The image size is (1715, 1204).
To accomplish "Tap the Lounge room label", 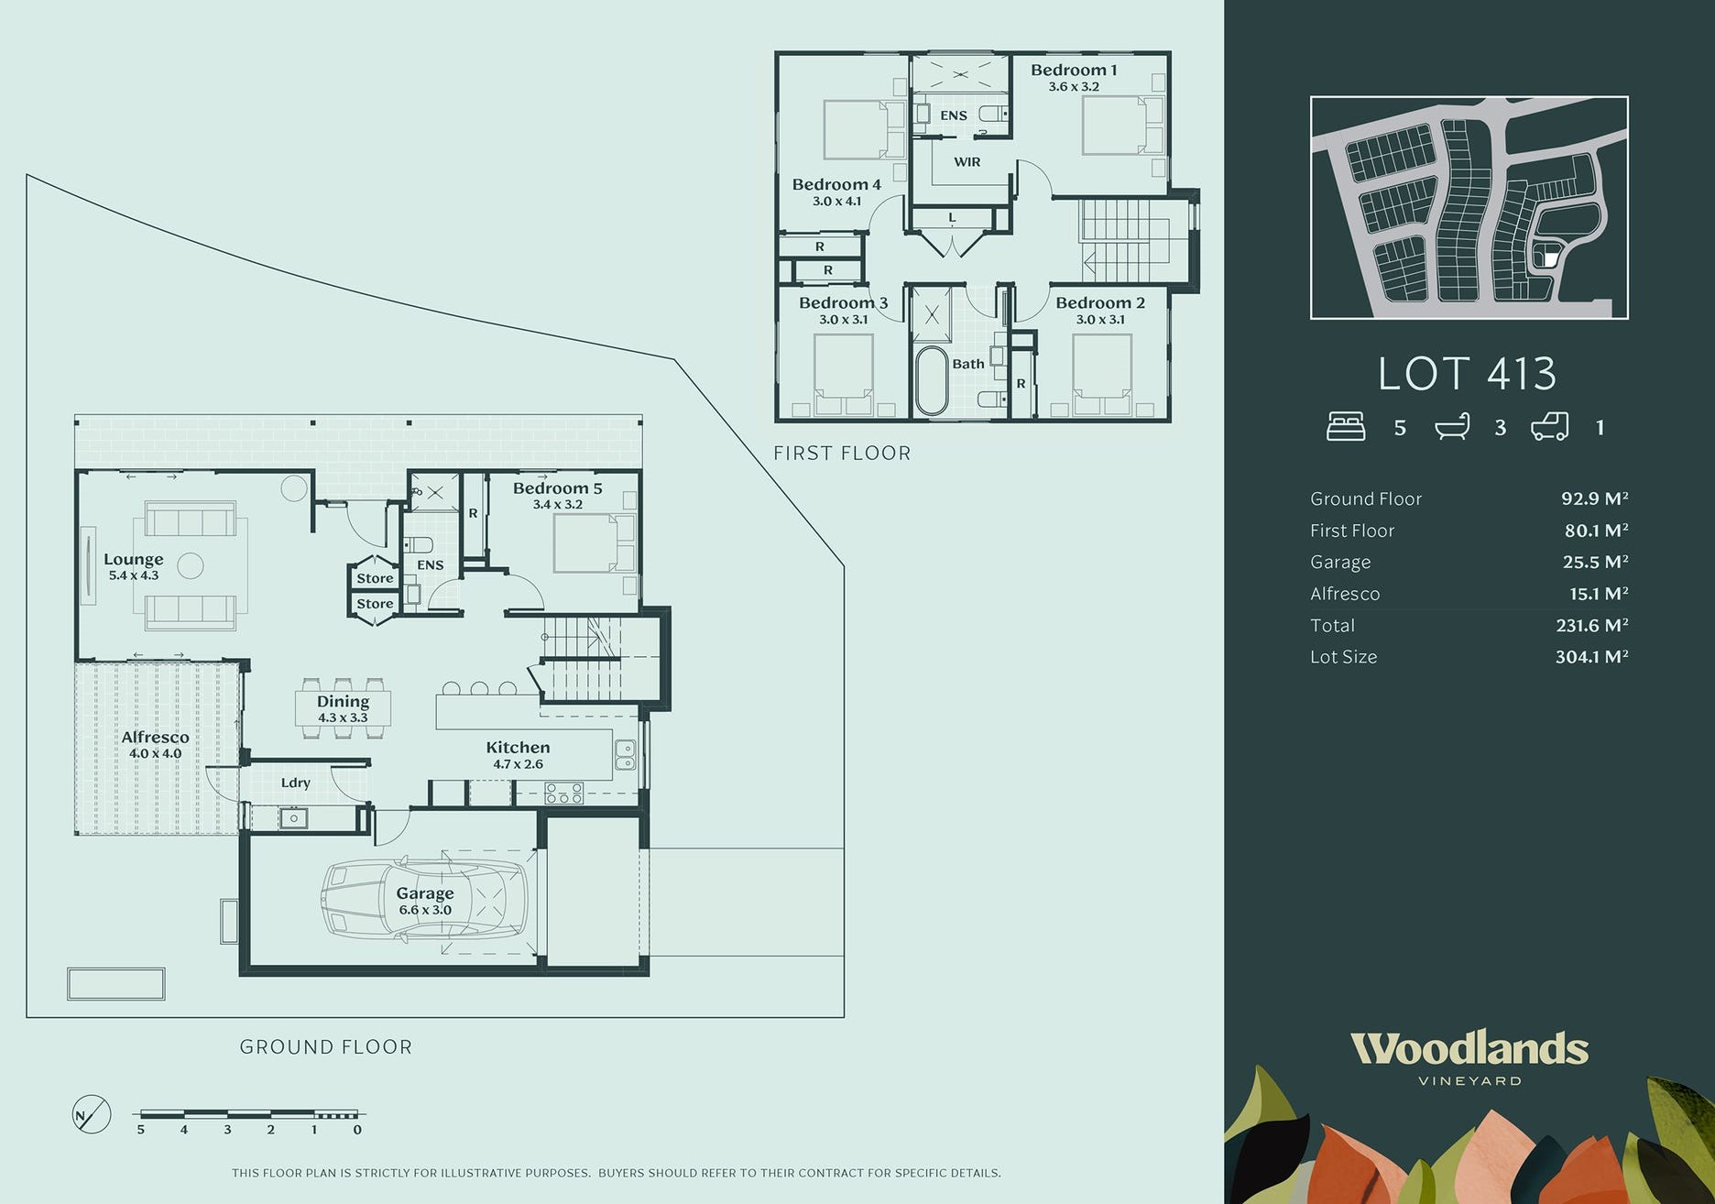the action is coord(134,559).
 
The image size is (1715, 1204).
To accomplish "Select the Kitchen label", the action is coord(518,748).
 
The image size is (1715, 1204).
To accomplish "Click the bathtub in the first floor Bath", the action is coord(932,380).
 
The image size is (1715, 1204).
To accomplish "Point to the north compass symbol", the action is coord(92,1114).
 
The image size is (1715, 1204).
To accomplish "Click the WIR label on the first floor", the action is coord(967,162).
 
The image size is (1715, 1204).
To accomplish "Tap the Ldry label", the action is coord(296,783).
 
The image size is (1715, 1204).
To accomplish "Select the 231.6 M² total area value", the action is coord(1592,625).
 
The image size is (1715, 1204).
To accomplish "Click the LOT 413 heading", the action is coord(1468,374).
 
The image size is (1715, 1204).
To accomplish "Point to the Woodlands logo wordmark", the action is coord(1469,1048).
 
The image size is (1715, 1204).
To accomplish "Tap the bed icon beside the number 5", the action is coord(1346,427).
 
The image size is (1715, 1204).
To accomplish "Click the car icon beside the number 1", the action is coord(1550,427).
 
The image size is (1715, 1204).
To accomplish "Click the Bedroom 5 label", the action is coord(557,488).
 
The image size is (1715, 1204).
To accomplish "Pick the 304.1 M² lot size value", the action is coord(1592,657).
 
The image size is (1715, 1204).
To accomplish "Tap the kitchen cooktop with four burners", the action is coord(563,794).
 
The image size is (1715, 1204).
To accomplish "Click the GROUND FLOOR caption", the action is coord(326,1047).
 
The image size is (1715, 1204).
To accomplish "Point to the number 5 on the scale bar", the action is coord(141,1130).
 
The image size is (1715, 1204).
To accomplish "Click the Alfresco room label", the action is coord(156,738).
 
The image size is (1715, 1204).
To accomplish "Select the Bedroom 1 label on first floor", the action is coord(1074,71).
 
